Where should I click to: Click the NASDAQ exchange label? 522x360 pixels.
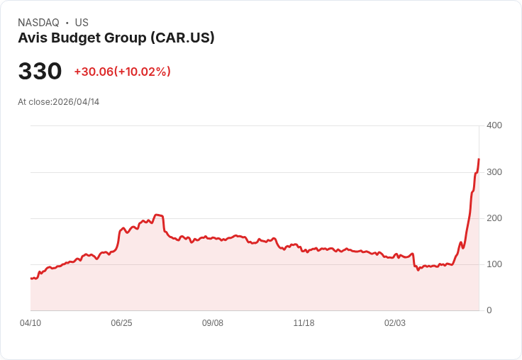coord(38,23)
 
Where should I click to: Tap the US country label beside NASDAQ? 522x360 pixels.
coord(82,23)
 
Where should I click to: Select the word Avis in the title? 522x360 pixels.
coord(32,38)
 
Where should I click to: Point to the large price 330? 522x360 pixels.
coord(40,72)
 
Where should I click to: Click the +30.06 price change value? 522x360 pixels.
coord(94,72)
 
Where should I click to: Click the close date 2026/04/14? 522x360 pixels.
coord(76,102)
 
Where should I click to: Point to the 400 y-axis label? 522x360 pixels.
coord(494,125)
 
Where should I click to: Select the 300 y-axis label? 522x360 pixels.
coord(494,172)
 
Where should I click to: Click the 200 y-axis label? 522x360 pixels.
coord(494,218)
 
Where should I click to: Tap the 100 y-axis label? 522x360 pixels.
coord(494,264)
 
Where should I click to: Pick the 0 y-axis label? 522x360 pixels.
coord(489,310)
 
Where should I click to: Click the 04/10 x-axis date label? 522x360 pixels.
coord(30,323)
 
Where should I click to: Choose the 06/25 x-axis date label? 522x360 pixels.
coord(121,323)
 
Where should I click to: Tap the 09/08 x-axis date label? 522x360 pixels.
coord(213,323)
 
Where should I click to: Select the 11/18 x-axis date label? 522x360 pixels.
coord(304,323)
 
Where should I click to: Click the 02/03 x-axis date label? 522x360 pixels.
coord(395,323)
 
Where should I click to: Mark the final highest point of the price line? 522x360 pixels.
coord(479,159)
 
